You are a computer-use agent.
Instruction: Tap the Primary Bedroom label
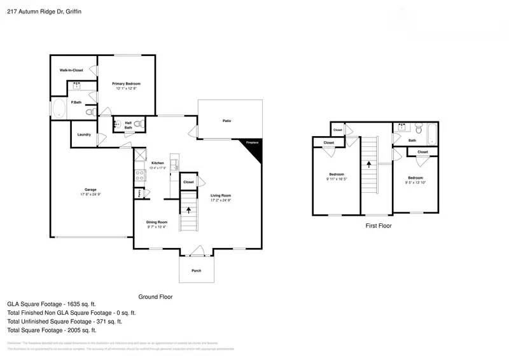tap(126, 84)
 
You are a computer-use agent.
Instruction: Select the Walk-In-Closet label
tap(71, 70)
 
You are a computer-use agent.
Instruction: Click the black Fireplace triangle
tap(254, 147)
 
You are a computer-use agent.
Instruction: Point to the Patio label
tap(227, 120)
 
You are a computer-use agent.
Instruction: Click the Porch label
tap(197, 270)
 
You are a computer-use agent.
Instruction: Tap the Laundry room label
tap(83, 134)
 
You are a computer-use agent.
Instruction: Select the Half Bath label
tap(128, 125)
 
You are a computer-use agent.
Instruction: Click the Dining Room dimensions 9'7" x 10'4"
tap(157, 227)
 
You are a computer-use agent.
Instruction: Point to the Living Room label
tap(221, 195)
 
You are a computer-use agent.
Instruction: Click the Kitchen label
tap(157, 163)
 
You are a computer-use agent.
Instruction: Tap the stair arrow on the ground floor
tap(188, 211)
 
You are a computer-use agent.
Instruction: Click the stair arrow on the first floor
tap(368, 165)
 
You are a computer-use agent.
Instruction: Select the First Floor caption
tap(378, 226)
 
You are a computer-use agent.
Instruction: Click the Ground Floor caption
tap(155, 297)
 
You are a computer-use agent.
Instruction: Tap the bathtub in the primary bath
tap(58, 109)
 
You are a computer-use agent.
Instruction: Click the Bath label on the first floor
tap(412, 141)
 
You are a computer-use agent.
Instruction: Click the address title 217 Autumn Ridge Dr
tap(35, 11)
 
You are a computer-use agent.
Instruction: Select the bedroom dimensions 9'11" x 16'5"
tap(337, 179)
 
